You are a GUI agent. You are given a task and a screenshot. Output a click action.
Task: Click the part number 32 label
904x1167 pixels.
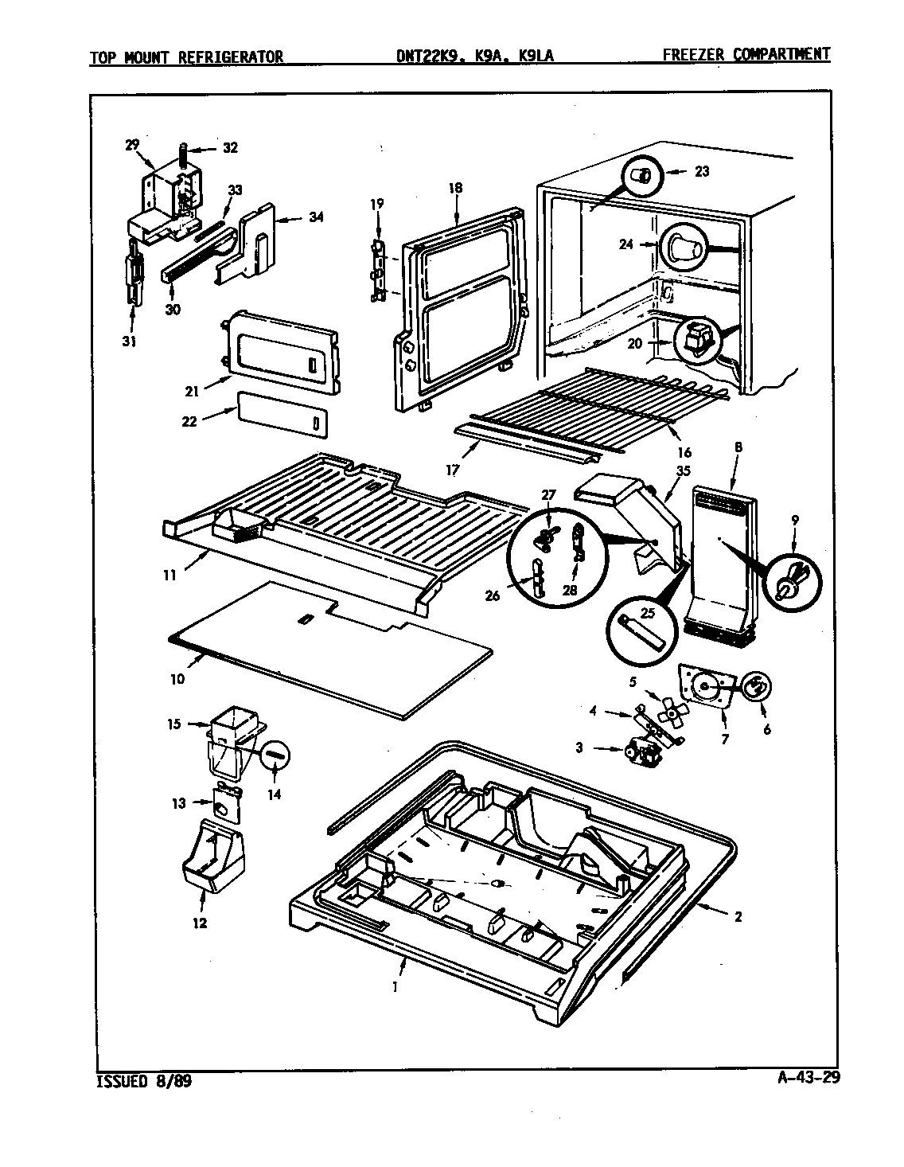tap(230, 148)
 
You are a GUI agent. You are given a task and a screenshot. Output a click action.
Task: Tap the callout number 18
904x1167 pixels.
tap(455, 189)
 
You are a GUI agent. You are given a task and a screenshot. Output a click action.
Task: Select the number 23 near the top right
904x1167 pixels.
tap(701, 171)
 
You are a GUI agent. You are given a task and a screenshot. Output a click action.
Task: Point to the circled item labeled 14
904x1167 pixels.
tap(275, 753)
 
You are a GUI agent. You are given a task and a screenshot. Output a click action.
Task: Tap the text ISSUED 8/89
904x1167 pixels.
tap(144, 1082)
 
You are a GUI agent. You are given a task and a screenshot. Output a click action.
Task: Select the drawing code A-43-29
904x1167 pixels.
tap(808, 1079)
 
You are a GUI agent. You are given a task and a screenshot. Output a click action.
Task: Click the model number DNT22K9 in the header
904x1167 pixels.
tap(428, 56)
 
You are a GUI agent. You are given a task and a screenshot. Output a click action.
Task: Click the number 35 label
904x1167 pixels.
tap(682, 470)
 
